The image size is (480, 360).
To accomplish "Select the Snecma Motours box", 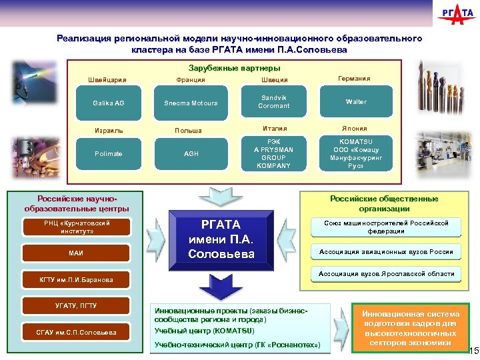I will [x=191, y=103].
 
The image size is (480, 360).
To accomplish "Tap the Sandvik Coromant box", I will [x=274, y=101].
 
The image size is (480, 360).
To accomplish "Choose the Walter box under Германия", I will [x=356, y=102].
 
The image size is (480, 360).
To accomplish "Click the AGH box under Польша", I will [x=191, y=153].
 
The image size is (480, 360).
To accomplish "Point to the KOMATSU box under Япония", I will [x=356, y=153].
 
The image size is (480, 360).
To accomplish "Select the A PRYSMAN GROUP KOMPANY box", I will [x=274, y=153].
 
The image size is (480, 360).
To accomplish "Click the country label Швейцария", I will [x=107, y=80].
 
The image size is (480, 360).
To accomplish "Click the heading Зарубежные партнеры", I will [x=234, y=68].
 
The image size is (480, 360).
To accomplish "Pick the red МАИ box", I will [x=75, y=253].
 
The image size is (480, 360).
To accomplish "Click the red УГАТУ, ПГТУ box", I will [x=75, y=305].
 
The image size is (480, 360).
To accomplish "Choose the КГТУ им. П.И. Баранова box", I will [x=75, y=279].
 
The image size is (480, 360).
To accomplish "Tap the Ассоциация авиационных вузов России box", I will [x=386, y=251].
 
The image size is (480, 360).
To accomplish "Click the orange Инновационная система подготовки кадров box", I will [x=410, y=327].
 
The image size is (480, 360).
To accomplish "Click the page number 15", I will [x=473, y=351].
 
